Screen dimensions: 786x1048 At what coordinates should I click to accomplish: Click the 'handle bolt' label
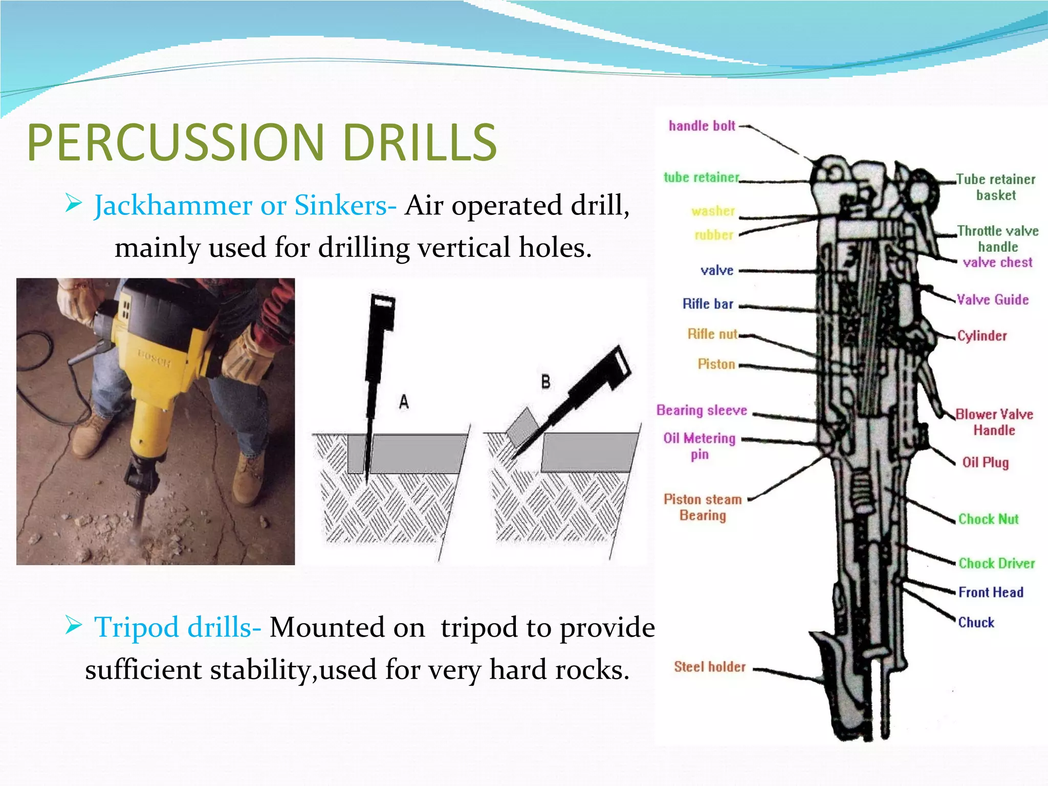(x=702, y=126)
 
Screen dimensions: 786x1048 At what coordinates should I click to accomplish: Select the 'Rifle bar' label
(x=708, y=304)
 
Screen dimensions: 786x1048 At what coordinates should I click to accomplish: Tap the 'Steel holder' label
(x=710, y=667)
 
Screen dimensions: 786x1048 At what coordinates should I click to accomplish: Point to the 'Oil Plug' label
(x=985, y=463)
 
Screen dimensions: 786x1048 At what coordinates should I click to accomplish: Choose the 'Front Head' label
(x=991, y=593)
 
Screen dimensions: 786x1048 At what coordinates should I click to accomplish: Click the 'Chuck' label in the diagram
(x=976, y=623)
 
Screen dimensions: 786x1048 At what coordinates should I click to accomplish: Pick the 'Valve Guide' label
(x=992, y=300)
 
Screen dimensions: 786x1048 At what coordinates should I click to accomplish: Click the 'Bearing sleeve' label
(x=702, y=410)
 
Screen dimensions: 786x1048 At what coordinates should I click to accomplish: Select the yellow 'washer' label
(x=713, y=211)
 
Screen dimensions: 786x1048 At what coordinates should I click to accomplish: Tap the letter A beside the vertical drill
(x=404, y=402)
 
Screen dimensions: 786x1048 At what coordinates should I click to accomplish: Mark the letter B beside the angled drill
(x=545, y=382)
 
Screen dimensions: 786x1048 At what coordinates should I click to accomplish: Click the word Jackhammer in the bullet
(x=172, y=206)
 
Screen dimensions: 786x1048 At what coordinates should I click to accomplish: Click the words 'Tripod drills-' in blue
(x=178, y=627)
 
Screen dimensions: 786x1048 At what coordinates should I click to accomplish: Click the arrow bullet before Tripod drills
(x=74, y=625)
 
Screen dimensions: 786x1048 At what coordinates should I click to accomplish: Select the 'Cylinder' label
(x=981, y=336)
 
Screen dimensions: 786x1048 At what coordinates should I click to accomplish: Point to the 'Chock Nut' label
(x=988, y=519)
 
